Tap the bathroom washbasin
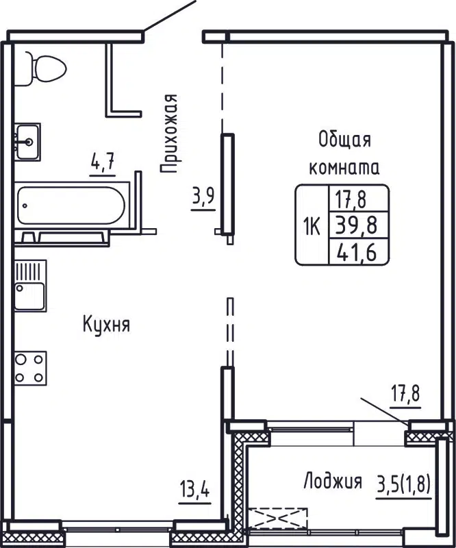click(x=27, y=142)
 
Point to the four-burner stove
click(x=30, y=368)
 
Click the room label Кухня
click(x=106, y=324)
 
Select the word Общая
click(x=344, y=140)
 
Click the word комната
click(x=344, y=166)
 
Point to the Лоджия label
click(x=333, y=482)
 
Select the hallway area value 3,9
click(x=203, y=197)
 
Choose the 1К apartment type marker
click(x=311, y=224)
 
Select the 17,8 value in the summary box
click(x=352, y=199)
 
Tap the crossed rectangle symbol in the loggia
click(x=278, y=516)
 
